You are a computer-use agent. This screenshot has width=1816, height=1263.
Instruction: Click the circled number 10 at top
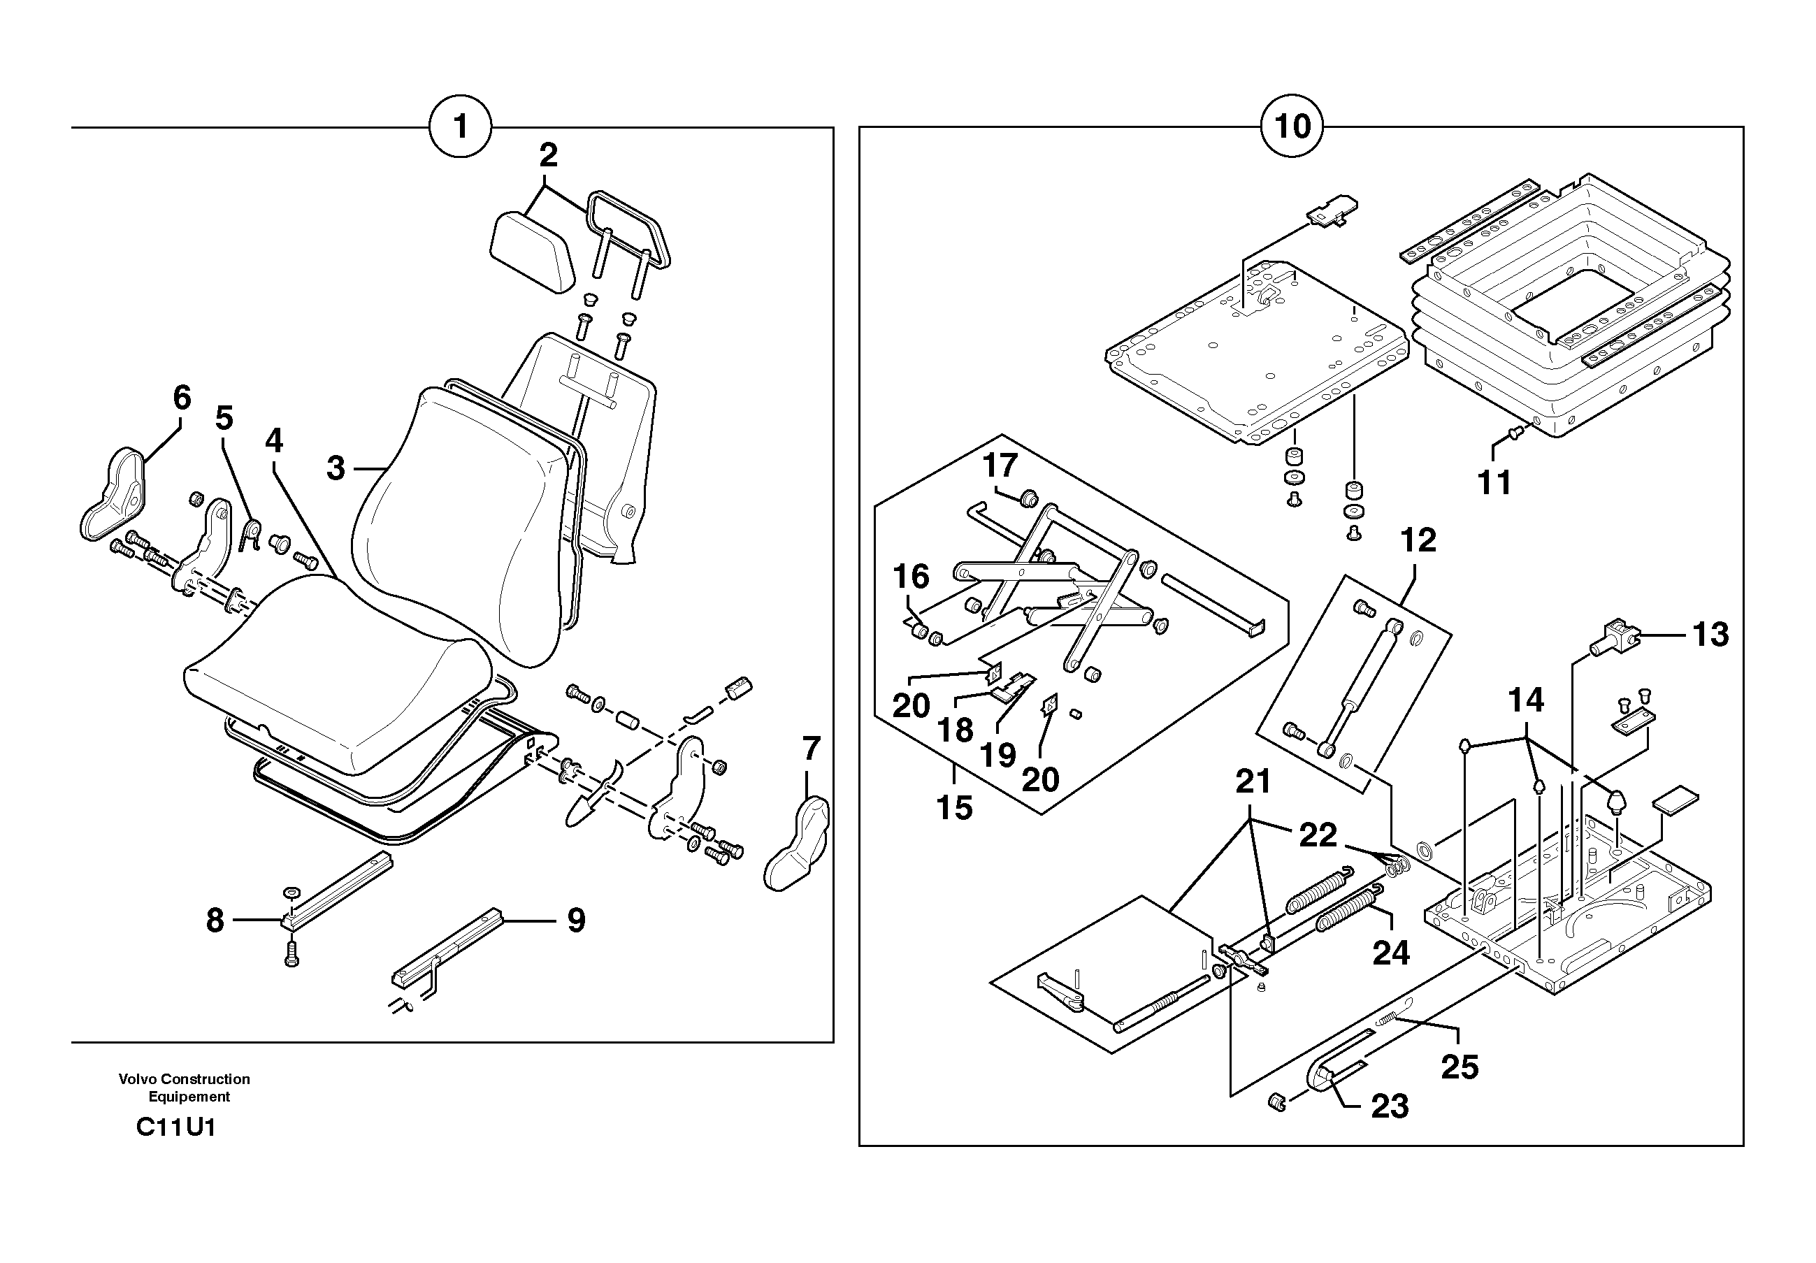click(x=1292, y=127)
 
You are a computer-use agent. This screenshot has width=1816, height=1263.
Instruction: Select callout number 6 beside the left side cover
click(x=182, y=398)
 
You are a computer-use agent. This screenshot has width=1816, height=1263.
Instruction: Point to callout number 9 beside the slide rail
click(x=576, y=921)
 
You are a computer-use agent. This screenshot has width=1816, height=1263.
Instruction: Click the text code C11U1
click(x=175, y=1127)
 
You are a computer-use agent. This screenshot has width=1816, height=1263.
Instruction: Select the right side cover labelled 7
click(x=798, y=844)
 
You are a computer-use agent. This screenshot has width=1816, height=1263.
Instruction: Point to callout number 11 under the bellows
click(x=1494, y=482)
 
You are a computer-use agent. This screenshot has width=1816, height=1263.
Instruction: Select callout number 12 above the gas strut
click(x=1418, y=541)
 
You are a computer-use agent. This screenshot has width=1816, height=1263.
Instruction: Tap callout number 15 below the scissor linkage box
click(x=954, y=808)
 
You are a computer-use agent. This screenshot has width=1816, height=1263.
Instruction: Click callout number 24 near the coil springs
click(x=1390, y=953)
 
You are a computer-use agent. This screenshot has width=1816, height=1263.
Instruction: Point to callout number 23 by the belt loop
click(x=1390, y=1106)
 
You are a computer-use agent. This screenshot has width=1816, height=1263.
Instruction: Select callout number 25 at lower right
click(x=1460, y=1068)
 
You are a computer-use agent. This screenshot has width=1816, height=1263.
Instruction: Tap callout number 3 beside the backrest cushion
click(x=336, y=469)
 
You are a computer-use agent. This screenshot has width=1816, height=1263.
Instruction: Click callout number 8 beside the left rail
click(x=215, y=921)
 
